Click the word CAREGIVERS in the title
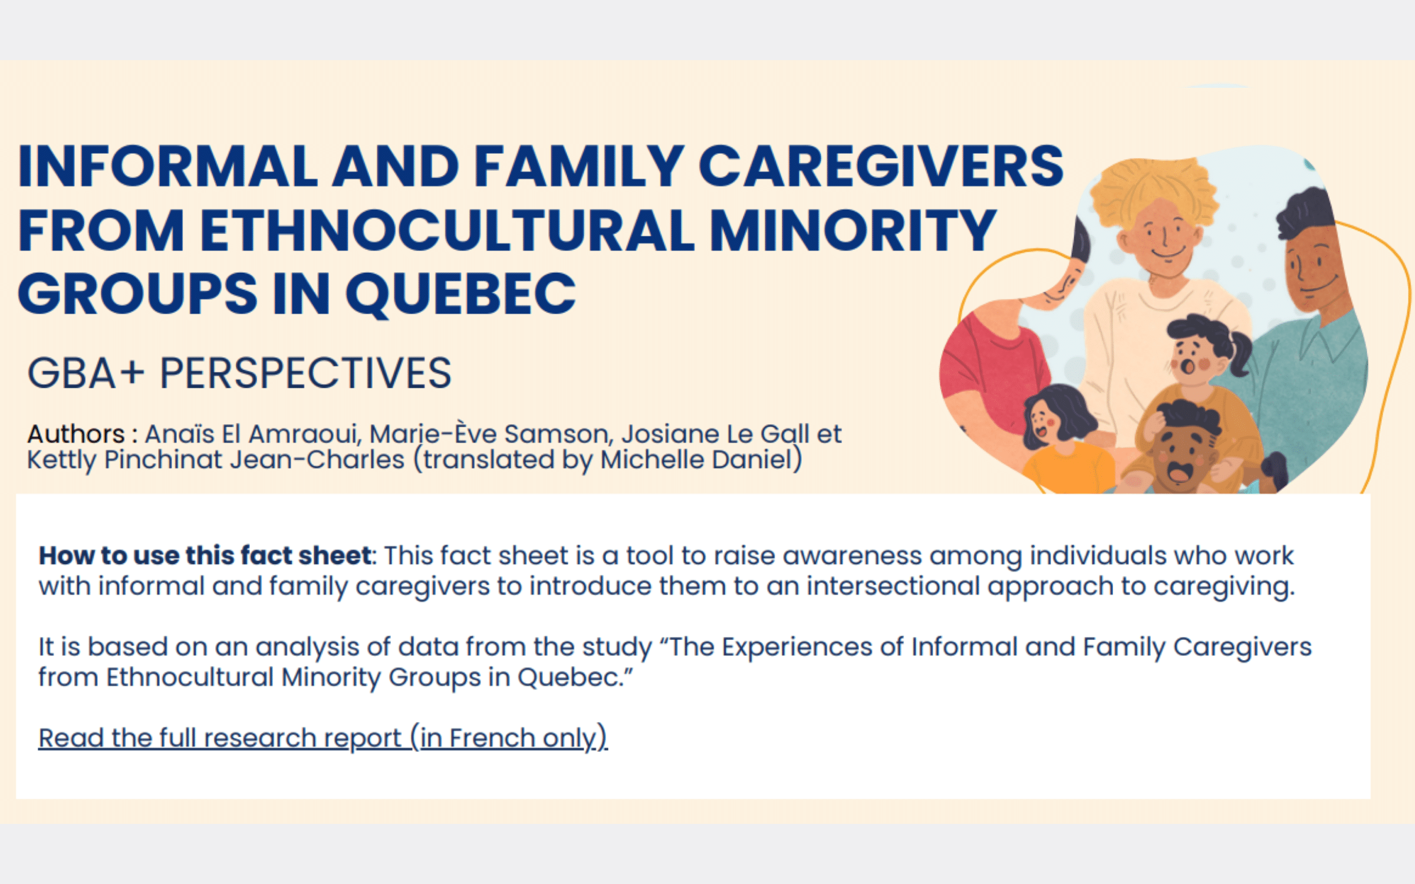click(881, 166)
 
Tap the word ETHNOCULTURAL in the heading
click(447, 230)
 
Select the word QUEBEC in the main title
click(460, 294)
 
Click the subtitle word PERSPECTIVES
click(305, 373)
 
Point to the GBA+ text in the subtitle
click(85, 373)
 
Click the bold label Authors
click(76, 434)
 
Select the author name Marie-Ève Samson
click(489, 434)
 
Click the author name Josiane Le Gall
click(715, 434)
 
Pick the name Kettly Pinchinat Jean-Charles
click(216, 460)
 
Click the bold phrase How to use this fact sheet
click(205, 556)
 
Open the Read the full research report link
click(323, 738)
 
